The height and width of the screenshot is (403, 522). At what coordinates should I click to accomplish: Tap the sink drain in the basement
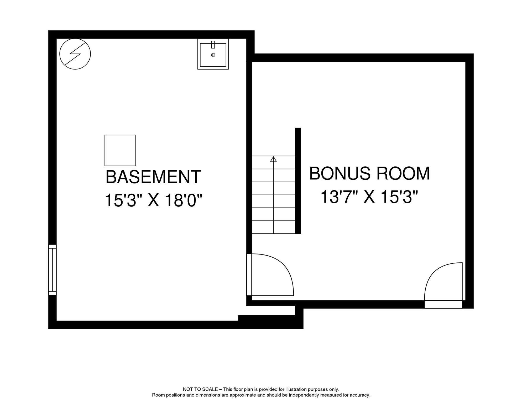point(213,55)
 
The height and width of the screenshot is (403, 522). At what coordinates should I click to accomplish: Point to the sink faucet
point(213,45)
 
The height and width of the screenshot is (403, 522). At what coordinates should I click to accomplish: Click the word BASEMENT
point(153,177)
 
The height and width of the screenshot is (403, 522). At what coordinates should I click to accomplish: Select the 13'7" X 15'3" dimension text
point(369,197)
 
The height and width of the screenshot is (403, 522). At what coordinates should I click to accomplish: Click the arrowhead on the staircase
point(274,159)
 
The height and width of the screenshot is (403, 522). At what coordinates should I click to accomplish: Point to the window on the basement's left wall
point(53,270)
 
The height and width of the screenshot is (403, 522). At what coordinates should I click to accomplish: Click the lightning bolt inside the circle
point(75,54)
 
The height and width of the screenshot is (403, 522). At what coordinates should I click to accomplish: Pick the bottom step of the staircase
point(274,227)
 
